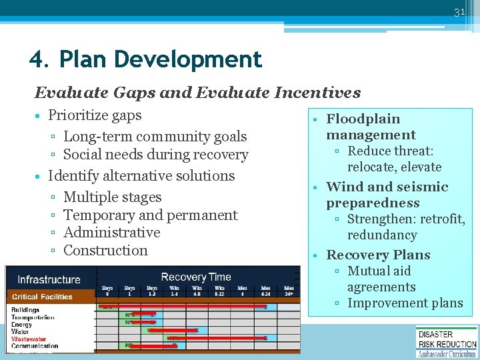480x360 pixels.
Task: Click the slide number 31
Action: point(459,12)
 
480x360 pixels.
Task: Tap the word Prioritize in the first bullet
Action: point(77,115)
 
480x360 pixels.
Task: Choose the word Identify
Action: point(71,176)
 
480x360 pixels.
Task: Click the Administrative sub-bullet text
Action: point(111,233)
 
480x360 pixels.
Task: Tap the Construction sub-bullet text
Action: point(105,251)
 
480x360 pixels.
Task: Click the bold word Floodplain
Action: point(363,119)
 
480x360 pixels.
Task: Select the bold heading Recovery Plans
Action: point(378,255)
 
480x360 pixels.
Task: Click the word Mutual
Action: point(369,271)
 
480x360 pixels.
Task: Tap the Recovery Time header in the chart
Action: point(195,277)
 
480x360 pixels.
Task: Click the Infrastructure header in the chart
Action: point(49,280)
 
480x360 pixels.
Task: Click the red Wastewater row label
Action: point(29,339)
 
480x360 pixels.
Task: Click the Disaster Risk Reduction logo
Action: point(447,341)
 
